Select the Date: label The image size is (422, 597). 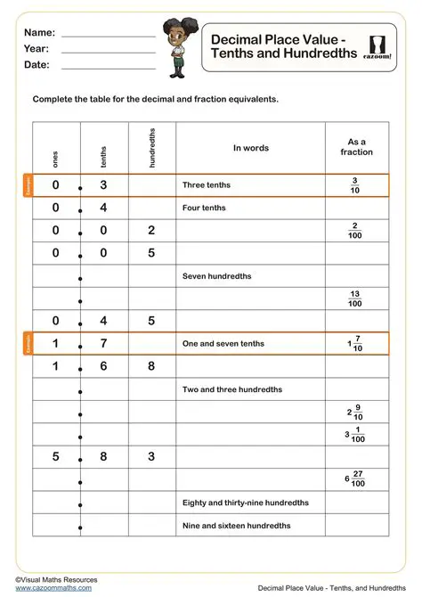tap(37, 65)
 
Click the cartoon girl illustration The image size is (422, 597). tap(174, 45)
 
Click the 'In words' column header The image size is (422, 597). tap(250, 148)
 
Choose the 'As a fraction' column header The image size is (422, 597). tap(356, 147)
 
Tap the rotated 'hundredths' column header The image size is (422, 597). tap(152, 146)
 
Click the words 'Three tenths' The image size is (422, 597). tap(206, 185)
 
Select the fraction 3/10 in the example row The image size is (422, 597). tap(355, 185)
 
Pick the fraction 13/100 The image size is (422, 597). tap(355, 298)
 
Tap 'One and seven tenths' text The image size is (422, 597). tap(223, 344)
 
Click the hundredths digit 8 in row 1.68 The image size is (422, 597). tap(151, 366)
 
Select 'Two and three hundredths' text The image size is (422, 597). tap(231, 389)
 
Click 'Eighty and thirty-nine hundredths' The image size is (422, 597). tap(243, 503)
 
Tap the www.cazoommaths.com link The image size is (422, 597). tap(53, 588)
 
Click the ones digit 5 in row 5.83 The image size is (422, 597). tap(55, 457)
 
